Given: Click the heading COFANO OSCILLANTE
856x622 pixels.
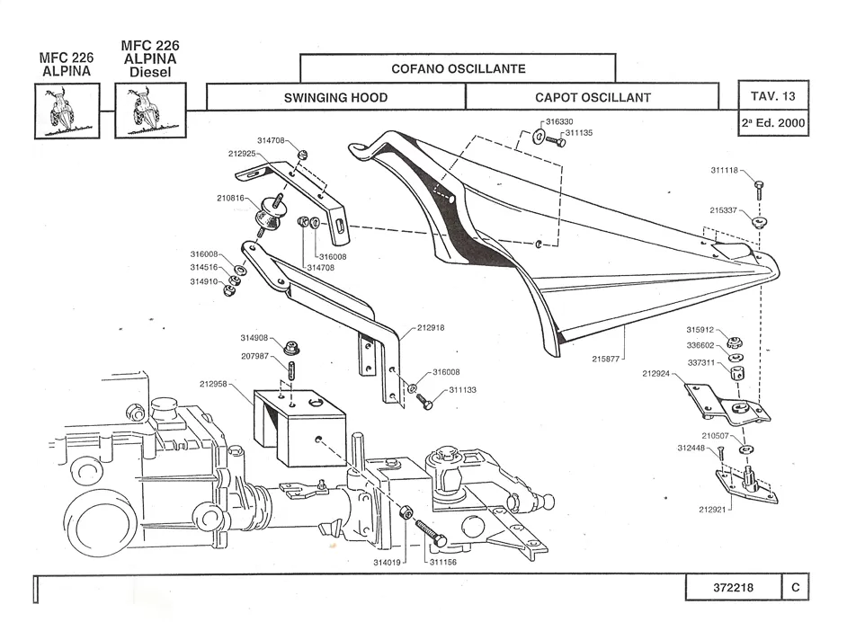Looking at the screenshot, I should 458,68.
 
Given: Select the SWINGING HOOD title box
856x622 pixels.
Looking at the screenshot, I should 335,97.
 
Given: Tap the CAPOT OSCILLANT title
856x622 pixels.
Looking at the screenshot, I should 592,97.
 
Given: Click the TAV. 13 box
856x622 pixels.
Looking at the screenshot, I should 772,95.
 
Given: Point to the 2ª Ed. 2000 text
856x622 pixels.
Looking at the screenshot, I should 772,123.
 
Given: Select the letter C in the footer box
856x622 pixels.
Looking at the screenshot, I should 796,588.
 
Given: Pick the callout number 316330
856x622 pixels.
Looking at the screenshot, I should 561,121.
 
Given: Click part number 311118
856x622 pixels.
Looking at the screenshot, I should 724,170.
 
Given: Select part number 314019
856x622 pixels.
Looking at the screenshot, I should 388,563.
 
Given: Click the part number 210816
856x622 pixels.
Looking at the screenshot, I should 231,198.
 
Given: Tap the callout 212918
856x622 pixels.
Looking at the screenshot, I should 430,328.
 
